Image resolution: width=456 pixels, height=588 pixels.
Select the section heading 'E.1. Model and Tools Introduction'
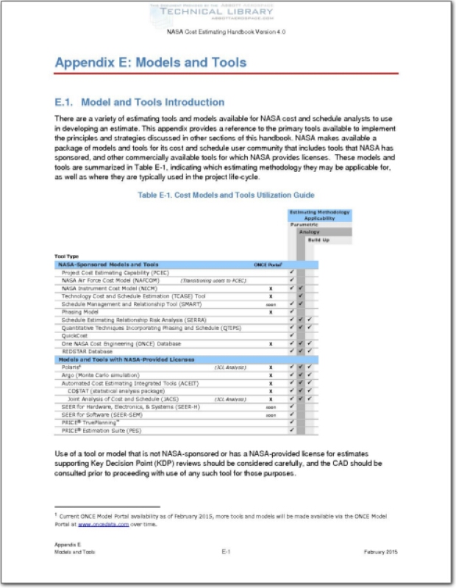click(140, 102)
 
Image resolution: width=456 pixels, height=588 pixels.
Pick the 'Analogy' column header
click(310, 232)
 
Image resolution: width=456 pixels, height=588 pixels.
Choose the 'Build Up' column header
click(318, 240)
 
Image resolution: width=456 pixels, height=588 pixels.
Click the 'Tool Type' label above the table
click(67, 256)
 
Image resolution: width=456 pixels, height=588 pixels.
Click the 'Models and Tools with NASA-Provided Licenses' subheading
click(125, 359)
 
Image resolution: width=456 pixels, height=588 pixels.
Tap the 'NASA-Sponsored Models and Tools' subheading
click(108, 264)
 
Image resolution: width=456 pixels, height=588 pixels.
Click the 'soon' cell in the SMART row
click(271, 304)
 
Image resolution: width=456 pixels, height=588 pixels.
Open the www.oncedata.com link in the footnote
click(104, 525)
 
